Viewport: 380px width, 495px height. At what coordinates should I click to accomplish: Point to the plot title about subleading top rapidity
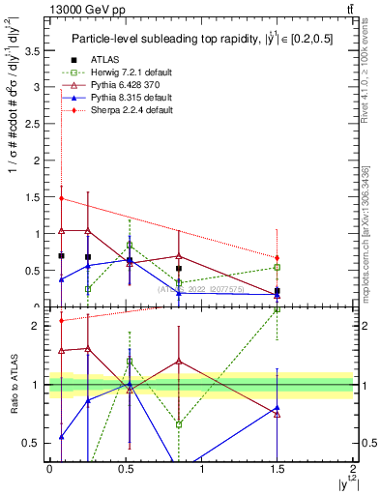point(200,38)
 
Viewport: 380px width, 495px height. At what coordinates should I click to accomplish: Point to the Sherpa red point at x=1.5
point(278,258)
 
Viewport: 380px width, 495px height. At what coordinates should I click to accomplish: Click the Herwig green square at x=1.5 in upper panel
point(278,267)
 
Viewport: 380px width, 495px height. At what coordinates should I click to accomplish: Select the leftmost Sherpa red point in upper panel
point(62,198)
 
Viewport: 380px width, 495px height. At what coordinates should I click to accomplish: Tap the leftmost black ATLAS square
point(62,256)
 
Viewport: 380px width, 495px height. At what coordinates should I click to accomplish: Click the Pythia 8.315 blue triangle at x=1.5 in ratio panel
point(278,408)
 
